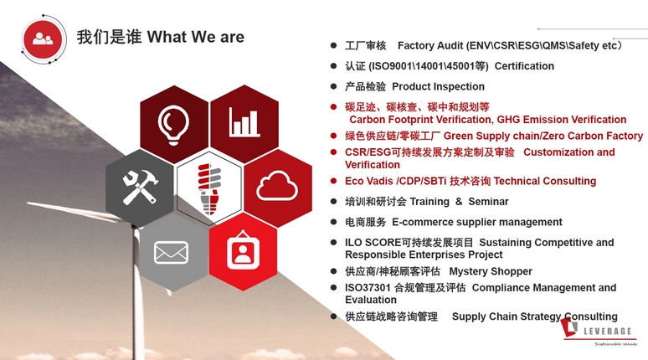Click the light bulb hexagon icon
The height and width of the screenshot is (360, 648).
tap(174, 124)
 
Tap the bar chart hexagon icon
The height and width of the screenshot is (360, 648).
tap(244, 124)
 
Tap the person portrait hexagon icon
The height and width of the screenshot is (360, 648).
tap(243, 249)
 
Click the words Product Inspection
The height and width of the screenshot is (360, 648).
tap(438, 86)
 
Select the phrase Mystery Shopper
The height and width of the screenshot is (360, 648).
tap(491, 271)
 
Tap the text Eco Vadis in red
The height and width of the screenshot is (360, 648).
tap(368, 181)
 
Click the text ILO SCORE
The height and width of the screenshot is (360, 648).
tap(370, 243)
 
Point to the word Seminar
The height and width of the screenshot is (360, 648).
tap(487, 202)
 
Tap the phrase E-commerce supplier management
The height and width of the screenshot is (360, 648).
tap(478, 222)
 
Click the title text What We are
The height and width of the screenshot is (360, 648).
tap(196, 37)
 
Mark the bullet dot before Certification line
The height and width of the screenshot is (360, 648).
tap(333, 66)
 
